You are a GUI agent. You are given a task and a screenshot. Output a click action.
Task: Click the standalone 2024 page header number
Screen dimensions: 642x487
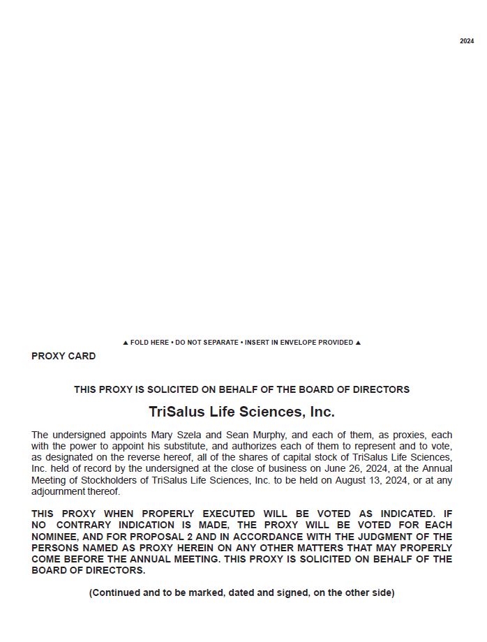tap(467, 41)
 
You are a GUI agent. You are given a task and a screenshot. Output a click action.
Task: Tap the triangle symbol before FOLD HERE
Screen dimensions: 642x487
tap(126, 343)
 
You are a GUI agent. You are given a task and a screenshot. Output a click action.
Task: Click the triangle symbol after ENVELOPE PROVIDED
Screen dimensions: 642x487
tap(358, 343)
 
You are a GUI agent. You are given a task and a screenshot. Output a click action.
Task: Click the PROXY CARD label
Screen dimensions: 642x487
tap(63, 356)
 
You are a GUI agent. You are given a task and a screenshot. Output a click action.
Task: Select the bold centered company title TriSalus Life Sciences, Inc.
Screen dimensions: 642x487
tap(241, 411)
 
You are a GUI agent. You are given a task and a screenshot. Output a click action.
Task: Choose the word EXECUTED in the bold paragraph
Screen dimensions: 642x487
tap(227, 514)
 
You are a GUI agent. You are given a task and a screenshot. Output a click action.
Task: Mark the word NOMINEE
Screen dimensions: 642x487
tap(53, 537)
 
